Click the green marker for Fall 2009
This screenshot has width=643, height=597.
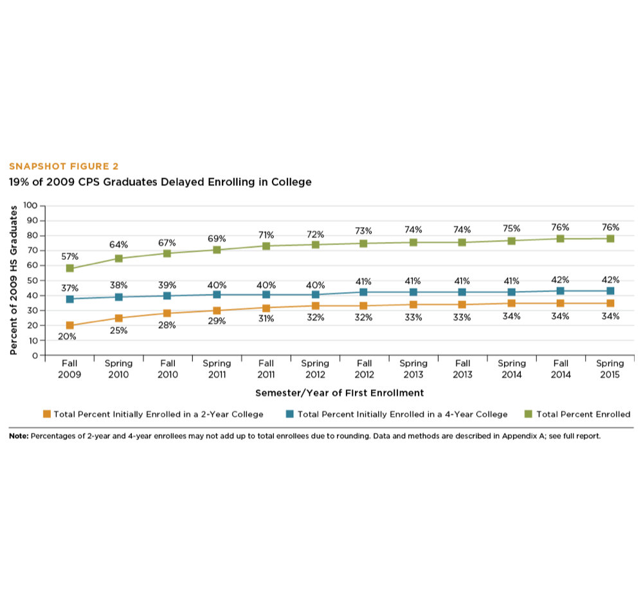tap(69, 268)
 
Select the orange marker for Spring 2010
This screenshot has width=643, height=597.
tap(119, 318)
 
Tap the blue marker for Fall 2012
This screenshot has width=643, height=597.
tap(363, 292)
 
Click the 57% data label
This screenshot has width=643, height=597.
tap(69, 256)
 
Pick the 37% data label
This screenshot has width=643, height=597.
tap(69, 286)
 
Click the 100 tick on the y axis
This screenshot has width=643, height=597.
tap(30, 206)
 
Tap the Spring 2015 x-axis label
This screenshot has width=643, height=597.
tap(610, 369)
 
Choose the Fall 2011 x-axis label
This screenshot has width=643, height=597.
tap(266, 369)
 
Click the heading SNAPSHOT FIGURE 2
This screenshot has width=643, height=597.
tap(64, 167)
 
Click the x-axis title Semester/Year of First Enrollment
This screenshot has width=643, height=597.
tap(340, 392)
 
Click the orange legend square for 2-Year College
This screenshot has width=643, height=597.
tap(47, 414)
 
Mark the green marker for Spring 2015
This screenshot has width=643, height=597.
tap(610, 239)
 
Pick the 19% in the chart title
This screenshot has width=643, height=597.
tap(19, 182)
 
